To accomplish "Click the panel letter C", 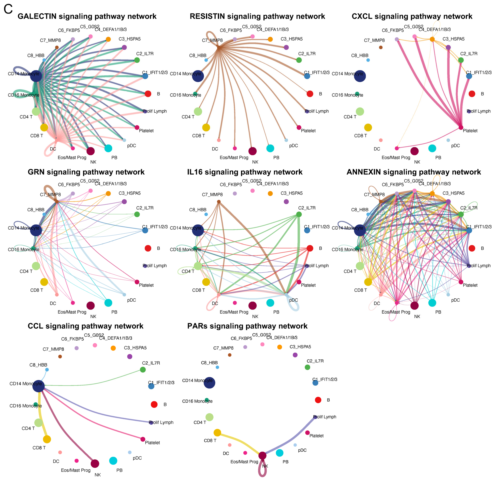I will pyautogui.click(x=8, y=9).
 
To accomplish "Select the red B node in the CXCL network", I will pyautogui.click(x=472, y=94).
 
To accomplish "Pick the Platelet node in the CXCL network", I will pyautogui.click(x=461, y=127).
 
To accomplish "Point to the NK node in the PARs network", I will pyautogui.click(x=262, y=456).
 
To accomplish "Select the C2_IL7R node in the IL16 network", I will pyautogui.click(x=299, y=214).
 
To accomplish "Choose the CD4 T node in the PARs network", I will pyautogui.click(x=209, y=417).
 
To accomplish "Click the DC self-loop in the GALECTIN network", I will pyautogui.click(x=48, y=151).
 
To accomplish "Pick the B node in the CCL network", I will pyautogui.click(x=154, y=404).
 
